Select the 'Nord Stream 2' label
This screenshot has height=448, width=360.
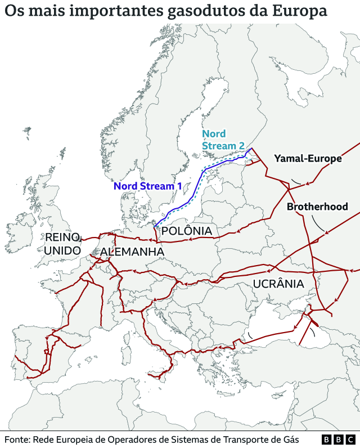223,140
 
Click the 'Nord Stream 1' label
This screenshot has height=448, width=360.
147,186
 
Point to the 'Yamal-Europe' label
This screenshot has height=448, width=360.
308,159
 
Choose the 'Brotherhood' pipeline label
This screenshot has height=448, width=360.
317,207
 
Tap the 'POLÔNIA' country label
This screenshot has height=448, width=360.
186,231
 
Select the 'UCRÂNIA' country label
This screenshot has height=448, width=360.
278,284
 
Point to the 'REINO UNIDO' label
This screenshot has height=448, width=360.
63,243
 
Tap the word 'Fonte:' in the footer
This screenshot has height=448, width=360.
17,440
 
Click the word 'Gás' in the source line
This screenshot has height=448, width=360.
290,440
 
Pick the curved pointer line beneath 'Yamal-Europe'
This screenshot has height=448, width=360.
297,181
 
